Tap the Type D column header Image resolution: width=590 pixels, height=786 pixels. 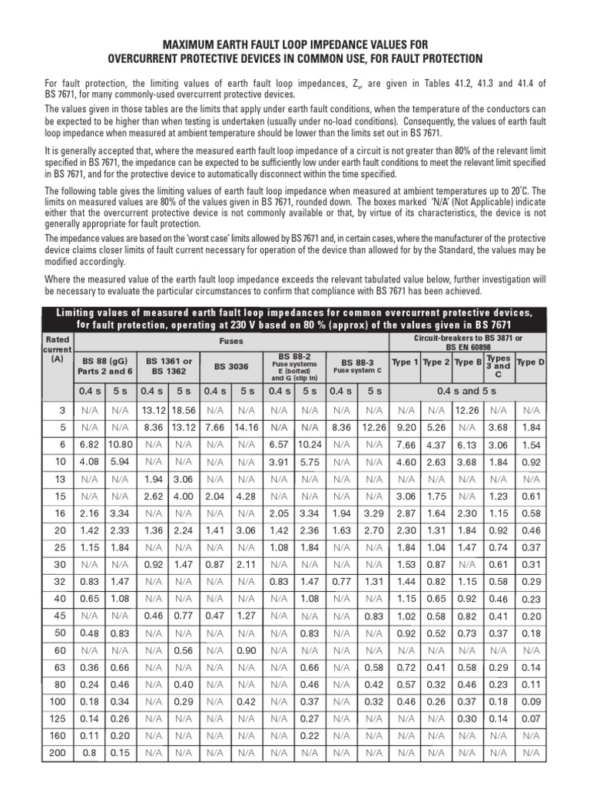click(x=530, y=362)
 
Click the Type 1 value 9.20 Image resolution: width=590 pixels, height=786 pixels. click(x=405, y=427)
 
